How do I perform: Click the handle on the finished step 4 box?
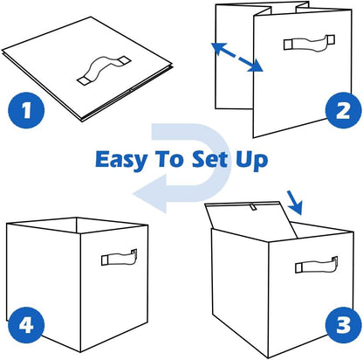tap(120, 257)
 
